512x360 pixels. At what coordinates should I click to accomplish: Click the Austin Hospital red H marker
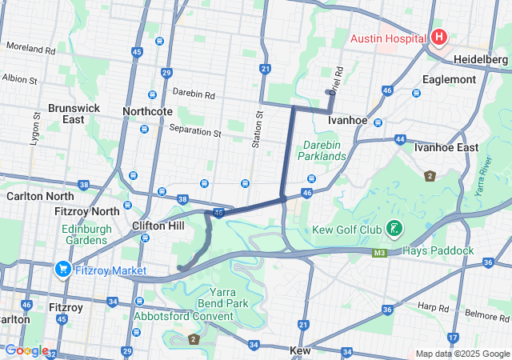439,37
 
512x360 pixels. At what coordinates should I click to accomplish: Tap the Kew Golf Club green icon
394,230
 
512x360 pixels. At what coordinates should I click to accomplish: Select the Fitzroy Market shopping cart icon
63,270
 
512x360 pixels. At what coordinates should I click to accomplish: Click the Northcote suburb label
146,111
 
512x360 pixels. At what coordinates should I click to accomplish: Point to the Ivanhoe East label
446,147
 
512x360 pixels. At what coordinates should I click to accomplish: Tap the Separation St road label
195,130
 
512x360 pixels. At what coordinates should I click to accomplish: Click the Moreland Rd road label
30,49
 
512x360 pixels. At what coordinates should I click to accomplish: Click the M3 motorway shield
380,254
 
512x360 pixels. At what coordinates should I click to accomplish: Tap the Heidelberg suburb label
481,60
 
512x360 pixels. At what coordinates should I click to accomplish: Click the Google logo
26,350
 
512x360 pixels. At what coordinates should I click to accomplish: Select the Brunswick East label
66,113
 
